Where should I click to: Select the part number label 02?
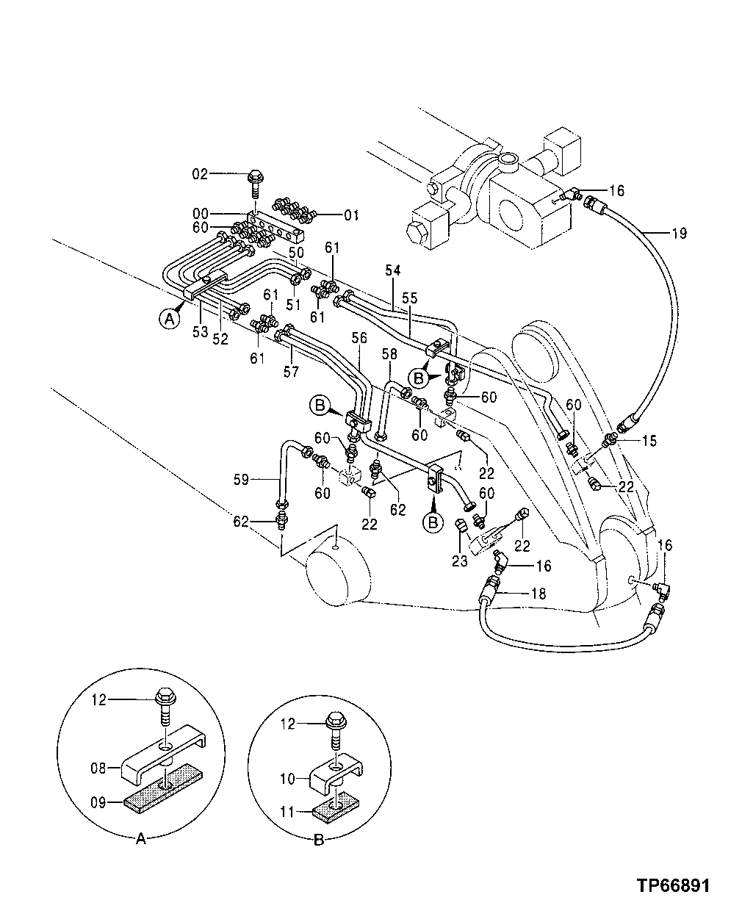[x=201, y=174]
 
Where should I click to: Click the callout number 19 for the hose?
[x=679, y=234]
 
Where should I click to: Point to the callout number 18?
[x=538, y=594]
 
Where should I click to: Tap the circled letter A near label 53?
[x=170, y=319]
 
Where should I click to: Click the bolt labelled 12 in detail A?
[x=165, y=704]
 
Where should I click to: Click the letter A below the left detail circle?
[x=141, y=840]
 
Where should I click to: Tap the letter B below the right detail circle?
[x=319, y=840]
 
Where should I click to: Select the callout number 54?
[x=393, y=271]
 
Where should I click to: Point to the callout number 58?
[x=389, y=354]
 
